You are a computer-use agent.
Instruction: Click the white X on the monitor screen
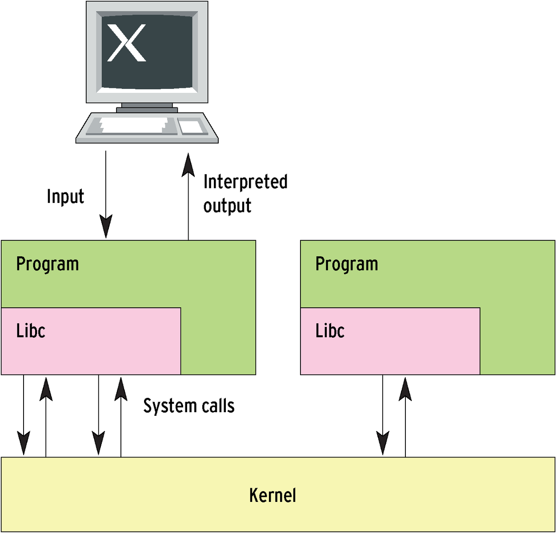pyautogui.click(x=127, y=43)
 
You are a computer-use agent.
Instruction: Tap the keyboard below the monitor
pyautogui.click(x=147, y=127)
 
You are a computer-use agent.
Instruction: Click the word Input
pyautogui.click(x=65, y=196)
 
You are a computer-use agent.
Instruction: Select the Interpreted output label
pyautogui.click(x=245, y=194)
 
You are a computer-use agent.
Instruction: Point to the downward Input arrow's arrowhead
pyautogui.click(x=106, y=226)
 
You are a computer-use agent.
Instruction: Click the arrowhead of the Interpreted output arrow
pyautogui.click(x=188, y=165)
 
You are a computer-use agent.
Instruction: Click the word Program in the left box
pyautogui.click(x=48, y=264)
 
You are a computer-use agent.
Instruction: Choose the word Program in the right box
pyautogui.click(x=347, y=264)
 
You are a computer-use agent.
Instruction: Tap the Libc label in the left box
pyautogui.click(x=31, y=331)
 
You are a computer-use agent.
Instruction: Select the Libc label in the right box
pyautogui.click(x=330, y=331)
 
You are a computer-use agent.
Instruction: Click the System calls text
pyautogui.click(x=189, y=406)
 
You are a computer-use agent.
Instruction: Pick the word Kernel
pyautogui.click(x=272, y=495)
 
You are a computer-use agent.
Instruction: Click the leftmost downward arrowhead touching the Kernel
pyautogui.click(x=24, y=443)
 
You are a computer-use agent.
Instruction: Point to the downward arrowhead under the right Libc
pyautogui.click(x=383, y=443)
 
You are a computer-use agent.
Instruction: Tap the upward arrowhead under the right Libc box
pyautogui.click(x=405, y=389)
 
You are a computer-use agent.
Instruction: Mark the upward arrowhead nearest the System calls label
pyautogui.click(x=121, y=389)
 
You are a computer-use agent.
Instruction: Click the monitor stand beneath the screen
pyautogui.click(x=147, y=108)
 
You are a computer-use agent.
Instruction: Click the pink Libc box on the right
pyautogui.click(x=390, y=341)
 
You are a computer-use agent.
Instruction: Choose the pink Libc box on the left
pyautogui.click(x=91, y=341)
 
